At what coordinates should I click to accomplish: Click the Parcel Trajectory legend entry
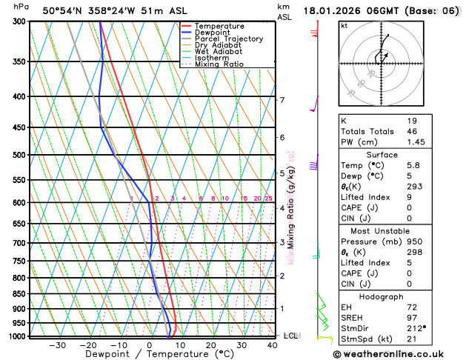point(229,39)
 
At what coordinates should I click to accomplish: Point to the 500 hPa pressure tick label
point(20,155)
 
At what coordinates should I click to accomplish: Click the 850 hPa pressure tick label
point(20,294)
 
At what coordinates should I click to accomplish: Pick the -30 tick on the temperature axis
point(56,345)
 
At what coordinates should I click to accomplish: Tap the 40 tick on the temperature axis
point(273,345)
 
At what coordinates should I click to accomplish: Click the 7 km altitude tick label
point(282,100)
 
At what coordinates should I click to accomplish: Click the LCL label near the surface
point(290,336)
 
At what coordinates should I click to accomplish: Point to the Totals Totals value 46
point(413,131)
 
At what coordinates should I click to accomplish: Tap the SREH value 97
point(413,318)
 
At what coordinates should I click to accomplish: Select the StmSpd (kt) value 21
point(413,339)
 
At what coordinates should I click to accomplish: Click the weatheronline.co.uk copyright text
point(399,354)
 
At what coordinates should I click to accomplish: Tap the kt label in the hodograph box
point(344,25)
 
